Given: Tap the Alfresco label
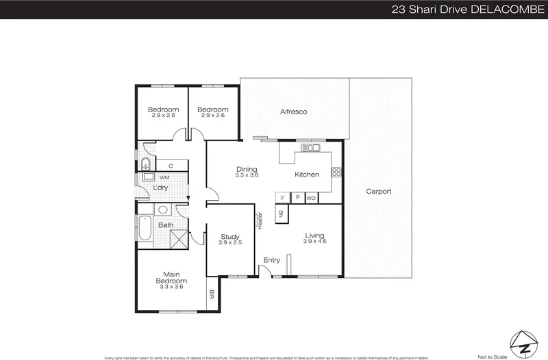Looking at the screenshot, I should point(293,112).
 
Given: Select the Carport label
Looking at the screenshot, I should point(378,192).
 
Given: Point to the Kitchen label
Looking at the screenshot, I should point(307,175).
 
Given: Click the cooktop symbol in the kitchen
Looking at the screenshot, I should point(336,171).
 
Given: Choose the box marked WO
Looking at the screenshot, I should point(311,198).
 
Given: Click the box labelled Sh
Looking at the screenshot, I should point(281,213).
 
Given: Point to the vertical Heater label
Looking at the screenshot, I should point(260,220).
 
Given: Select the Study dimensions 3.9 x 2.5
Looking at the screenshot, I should point(230,243).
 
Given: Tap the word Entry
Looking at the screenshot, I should point(272,260).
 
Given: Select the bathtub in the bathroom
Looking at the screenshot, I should point(145,229).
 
